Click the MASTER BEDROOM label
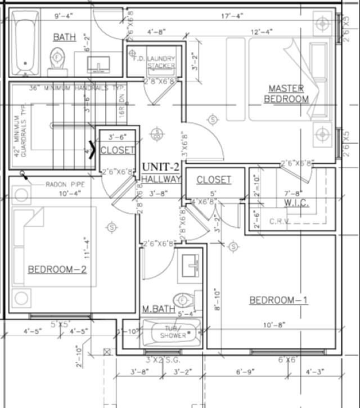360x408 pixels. [286, 93]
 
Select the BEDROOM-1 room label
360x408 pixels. [278, 300]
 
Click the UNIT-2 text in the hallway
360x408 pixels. [161, 167]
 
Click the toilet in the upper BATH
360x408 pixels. [57, 60]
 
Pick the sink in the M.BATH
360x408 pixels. [190, 264]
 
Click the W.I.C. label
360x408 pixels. [296, 203]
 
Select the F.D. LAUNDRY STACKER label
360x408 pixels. [154, 62]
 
